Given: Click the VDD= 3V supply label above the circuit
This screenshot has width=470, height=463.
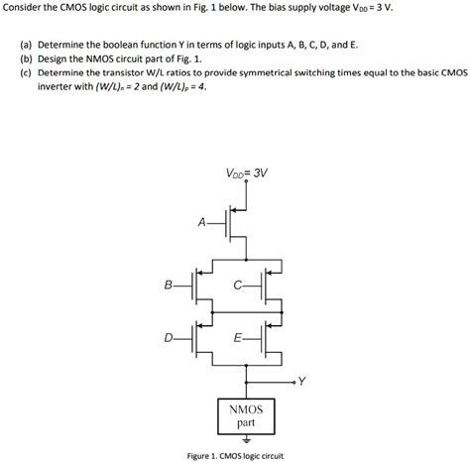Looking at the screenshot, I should pos(247,173).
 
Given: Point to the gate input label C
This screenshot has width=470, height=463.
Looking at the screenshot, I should pos(237,286).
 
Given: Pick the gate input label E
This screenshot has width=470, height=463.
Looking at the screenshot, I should pos(237,338).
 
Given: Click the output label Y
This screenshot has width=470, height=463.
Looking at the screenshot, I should pos(302,380).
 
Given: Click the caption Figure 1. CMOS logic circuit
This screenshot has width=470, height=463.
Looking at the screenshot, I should pos(235,455).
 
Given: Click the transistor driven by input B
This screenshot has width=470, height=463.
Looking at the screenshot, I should pos(198,286).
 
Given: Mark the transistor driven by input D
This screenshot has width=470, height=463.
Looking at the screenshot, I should pos(198,339).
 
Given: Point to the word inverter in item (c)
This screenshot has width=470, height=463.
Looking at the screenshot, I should pos(59,86).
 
